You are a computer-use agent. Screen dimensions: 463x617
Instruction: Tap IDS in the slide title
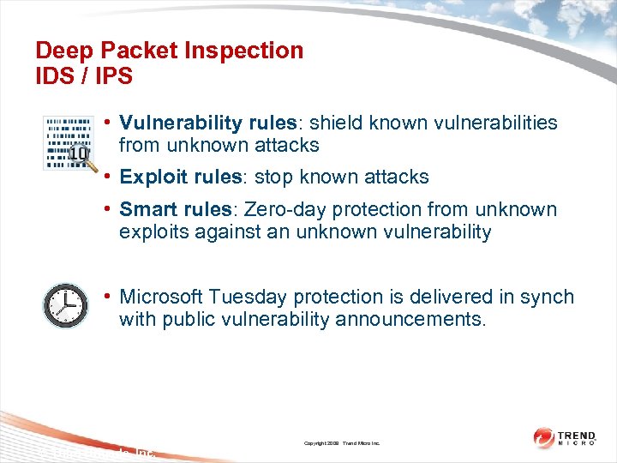(x=53, y=76)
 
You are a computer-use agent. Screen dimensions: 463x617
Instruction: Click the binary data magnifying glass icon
(x=68, y=142)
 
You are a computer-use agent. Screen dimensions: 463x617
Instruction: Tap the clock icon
(x=65, y=305)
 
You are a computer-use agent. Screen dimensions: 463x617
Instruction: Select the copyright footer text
(x=342, y=443)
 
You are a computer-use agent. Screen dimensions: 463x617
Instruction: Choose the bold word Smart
(x=146, y=210)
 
